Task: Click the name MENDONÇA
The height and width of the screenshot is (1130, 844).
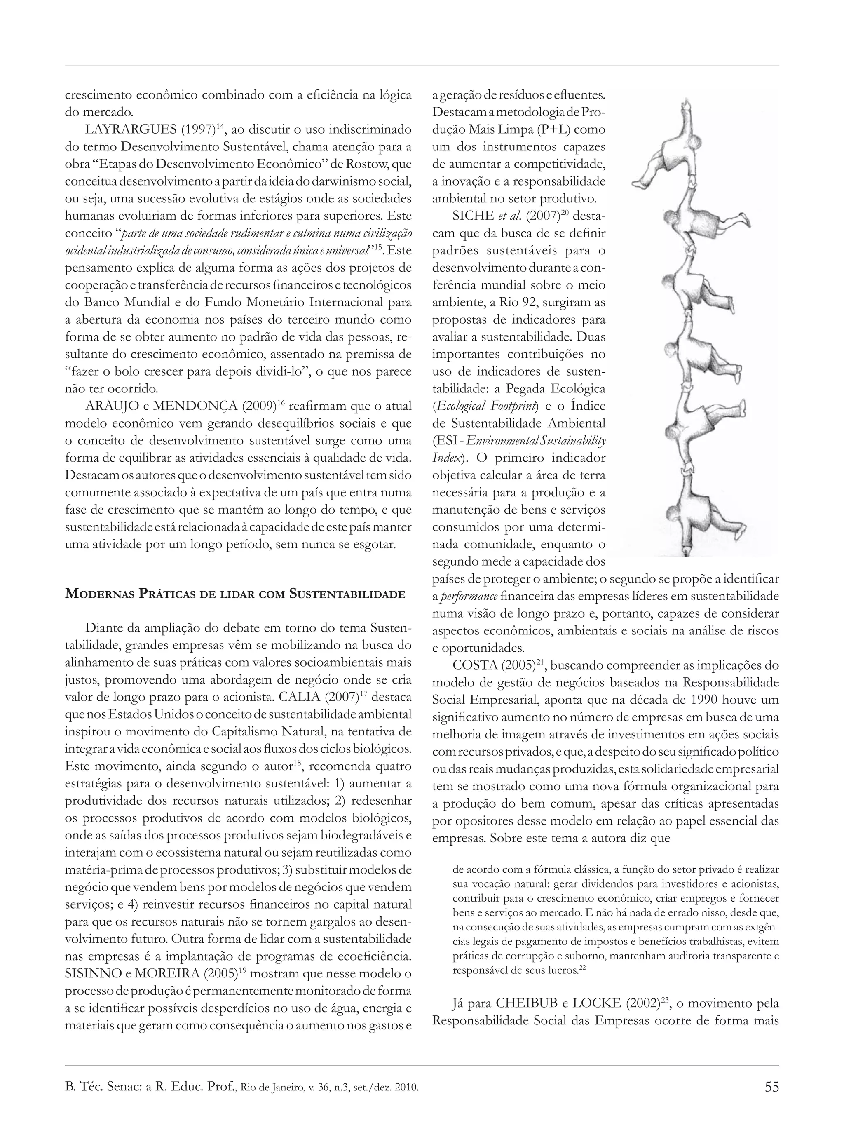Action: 195,406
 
